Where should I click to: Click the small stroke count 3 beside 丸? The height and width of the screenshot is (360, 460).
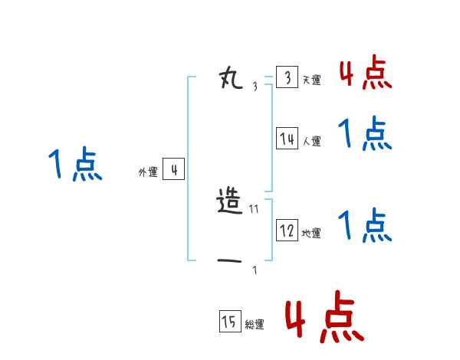tap(255, 87)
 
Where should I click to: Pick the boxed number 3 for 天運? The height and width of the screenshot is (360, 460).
tap(287, 78)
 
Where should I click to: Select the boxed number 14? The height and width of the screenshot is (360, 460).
tap(287, 139)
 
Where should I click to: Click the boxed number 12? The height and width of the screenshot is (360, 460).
tap(287, 231)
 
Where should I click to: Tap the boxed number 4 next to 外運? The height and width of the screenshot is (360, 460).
tap(174, 170)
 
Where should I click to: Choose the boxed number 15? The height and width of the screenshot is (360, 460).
tap(229, 322)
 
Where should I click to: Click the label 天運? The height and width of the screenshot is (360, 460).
tap(311, 80)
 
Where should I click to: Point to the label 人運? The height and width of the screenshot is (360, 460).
tap(311, 141)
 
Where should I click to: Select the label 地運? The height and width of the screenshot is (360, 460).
tap(311, 233)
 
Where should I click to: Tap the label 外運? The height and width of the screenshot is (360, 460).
tap(148, 172)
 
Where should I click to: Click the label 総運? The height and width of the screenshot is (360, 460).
tap(254, 324)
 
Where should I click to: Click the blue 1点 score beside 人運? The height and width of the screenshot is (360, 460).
tap(365, 134)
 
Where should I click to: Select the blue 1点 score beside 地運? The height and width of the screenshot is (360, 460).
tap(365, 225)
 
